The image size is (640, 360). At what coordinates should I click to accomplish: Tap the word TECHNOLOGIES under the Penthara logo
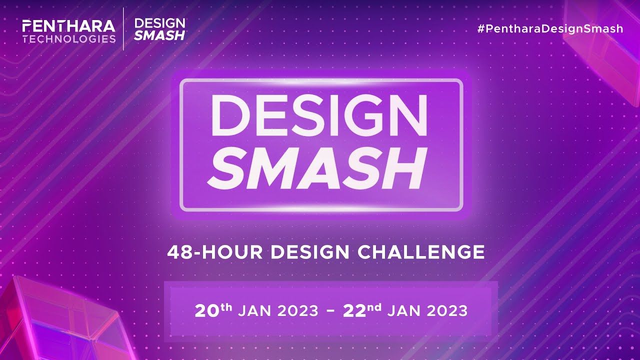(x=69, y=38)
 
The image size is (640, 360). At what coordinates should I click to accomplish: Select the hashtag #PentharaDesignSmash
(x=550, y=28)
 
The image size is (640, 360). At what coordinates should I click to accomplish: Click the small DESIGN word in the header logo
(x=160, y=23)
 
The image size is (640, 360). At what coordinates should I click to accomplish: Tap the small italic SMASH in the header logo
(x=160, y=35)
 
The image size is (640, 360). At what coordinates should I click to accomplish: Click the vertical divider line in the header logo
(x=124, y=29)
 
